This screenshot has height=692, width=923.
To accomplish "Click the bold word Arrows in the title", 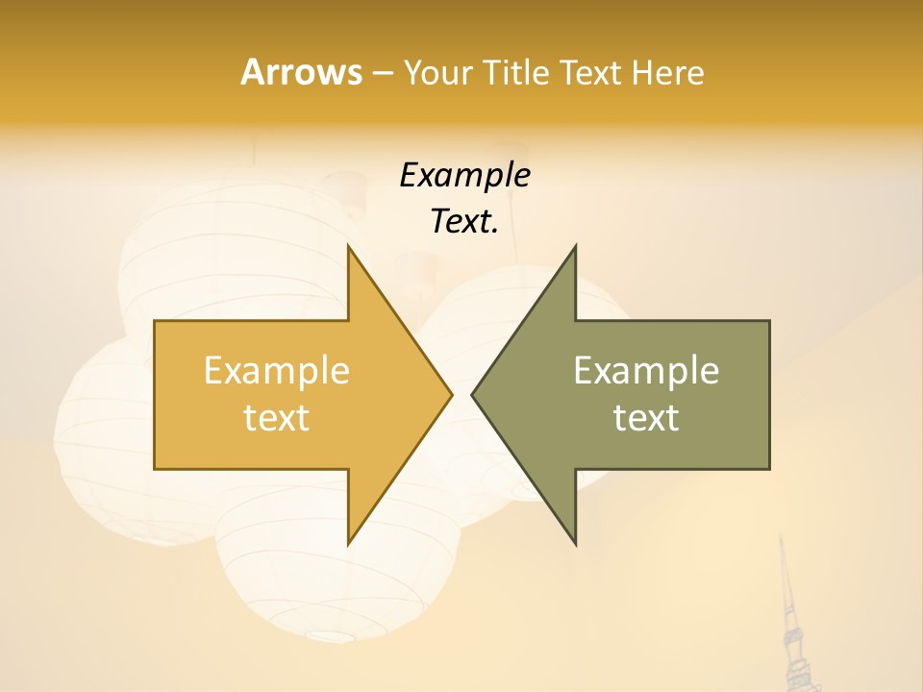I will click(x=301, y=72).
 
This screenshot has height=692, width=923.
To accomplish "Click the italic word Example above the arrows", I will click(x=464, y=175).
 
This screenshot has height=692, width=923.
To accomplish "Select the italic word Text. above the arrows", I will click(x=464, y=222).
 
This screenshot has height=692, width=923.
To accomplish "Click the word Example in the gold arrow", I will click(x=277, y=370).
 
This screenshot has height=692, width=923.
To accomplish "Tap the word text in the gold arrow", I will click(x=277, y=417).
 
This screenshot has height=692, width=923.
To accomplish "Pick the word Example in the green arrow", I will click(x=646, y=370).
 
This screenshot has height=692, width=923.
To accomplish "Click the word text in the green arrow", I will click(x=646, y=417).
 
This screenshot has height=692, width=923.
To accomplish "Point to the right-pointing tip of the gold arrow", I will click(x=451, y=394).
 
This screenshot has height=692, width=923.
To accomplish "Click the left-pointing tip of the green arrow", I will click(x=472, y=394).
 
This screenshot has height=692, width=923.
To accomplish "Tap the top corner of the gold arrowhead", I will click(x=349, y=246).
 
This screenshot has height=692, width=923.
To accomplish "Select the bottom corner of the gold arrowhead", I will click(x=349, y=544).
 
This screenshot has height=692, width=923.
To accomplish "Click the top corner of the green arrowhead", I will click(x=575, y=246).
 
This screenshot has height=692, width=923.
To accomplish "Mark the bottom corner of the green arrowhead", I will click(x=575, y=544).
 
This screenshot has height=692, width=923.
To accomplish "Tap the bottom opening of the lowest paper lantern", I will click(x=333, y=635).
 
